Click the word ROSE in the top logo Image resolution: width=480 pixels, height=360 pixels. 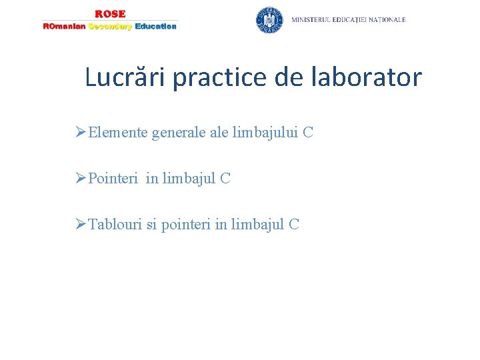click(x=110, y=14)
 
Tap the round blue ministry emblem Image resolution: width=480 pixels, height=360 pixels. click(x=269, y=20)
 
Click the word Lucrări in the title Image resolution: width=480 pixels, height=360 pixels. click(x=126, y=77)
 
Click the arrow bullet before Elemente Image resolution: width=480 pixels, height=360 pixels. click(x=81, y=133)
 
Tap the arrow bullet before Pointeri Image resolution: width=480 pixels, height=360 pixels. click(x=81, y=178)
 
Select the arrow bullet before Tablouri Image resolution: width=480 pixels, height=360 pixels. click(x=81, y=224)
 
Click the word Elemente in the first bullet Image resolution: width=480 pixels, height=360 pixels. click(x=118, y=133)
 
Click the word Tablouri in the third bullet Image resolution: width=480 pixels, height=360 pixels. click(x=115, y=224)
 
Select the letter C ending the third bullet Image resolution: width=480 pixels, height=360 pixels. click(x=294, y=224)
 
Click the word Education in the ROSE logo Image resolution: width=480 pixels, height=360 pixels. click(x=155, y=27)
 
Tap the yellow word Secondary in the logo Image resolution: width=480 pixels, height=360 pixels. click(x=111, y=27)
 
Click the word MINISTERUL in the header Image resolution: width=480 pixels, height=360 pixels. click(x=315, y=20)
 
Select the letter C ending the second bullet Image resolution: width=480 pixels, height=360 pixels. click(x=225, y=178)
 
